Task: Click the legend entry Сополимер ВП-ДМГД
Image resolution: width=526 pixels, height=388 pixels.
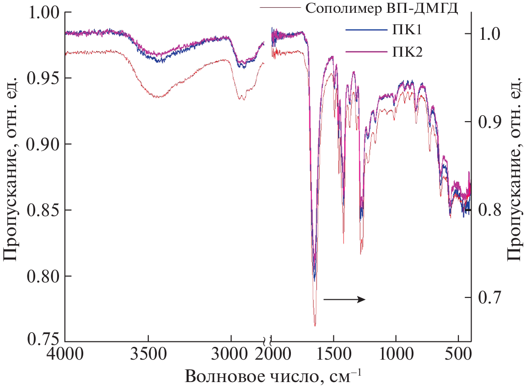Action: click(x=381, y=8)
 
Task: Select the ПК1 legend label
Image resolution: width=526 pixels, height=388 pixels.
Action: click(x=404, y=31)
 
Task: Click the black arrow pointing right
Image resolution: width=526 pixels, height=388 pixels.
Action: click(x=344, y=299)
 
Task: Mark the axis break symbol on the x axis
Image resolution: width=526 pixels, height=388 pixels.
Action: click(x=268, y=341)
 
